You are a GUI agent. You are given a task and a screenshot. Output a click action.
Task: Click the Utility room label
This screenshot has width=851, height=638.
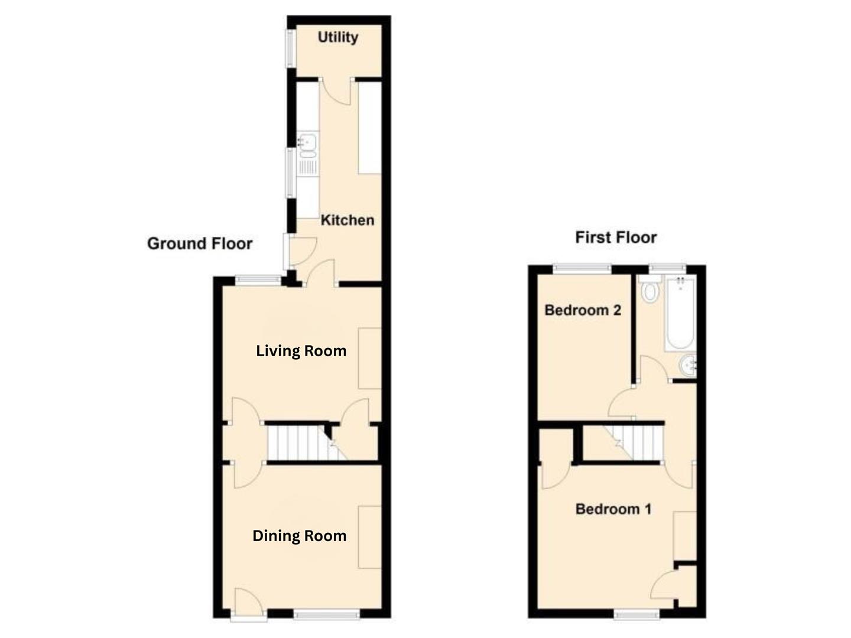click(x=337, y=37)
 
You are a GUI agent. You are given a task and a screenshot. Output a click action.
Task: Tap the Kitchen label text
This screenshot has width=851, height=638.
click(x=347, y=220)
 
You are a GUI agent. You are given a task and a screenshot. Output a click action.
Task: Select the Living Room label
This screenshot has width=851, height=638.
click(x=301, y=351)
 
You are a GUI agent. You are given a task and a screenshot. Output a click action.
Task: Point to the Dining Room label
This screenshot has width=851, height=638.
click(x=299, y=536)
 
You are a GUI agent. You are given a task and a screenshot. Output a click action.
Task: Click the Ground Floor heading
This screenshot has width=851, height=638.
click(x=199, y=243)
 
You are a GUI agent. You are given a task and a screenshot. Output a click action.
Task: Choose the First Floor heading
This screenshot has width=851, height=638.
click(x=616, y=237)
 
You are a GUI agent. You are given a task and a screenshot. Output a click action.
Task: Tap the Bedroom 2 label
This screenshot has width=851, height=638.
click(x=582, y=310)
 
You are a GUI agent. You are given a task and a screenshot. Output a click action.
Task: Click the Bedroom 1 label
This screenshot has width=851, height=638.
click(x=613, y=509)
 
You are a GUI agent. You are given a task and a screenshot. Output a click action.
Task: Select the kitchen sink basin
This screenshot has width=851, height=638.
click(x=308, y=142)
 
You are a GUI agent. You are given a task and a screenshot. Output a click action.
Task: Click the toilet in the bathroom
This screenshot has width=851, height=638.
click(x=649, y=290)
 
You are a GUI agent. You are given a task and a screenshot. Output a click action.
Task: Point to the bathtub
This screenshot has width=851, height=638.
click(x=680, y=313)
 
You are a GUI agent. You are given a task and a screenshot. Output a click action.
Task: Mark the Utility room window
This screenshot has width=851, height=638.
click(x=290, y=48)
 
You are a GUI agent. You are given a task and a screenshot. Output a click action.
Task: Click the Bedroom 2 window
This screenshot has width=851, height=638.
click(x=582, y=269)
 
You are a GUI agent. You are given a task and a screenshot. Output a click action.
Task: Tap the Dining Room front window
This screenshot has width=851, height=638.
click(x=326, y=616)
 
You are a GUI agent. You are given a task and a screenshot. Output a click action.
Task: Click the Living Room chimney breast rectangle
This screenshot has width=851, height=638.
click(x=369, y=359)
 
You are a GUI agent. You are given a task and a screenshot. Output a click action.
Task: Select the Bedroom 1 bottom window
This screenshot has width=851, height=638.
click(x=636, y=616)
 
